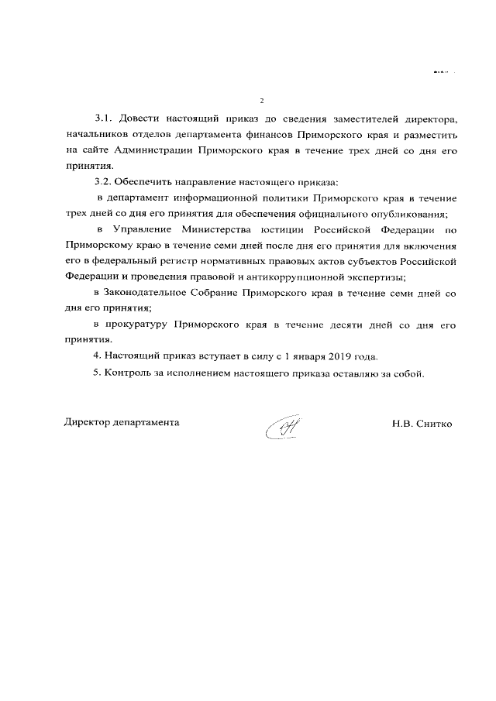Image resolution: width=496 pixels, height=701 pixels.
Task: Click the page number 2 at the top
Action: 263,101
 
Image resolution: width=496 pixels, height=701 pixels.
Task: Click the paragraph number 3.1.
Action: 105,120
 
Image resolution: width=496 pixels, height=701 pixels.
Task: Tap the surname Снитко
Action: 435,424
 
